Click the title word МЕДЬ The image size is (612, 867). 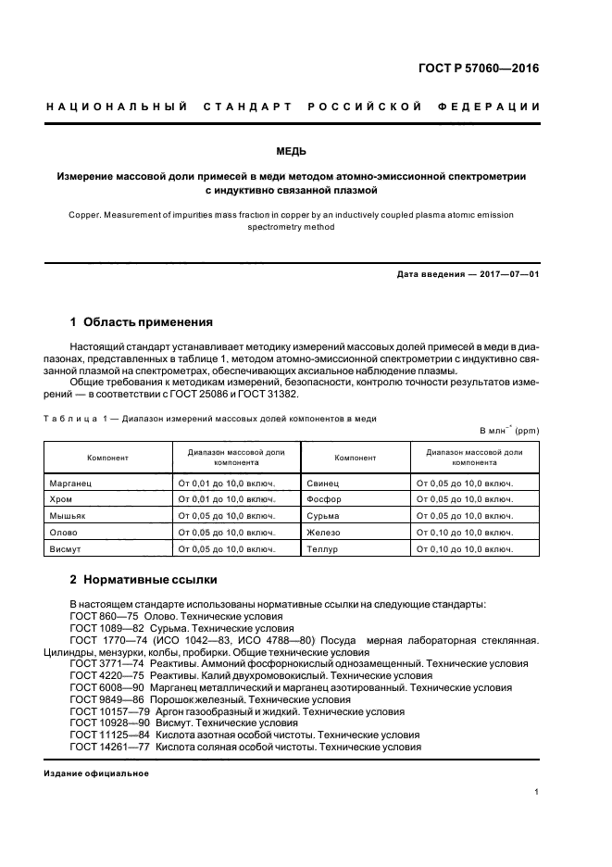pyautogui.click(x=305, y=151)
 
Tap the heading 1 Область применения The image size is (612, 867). pyautogui.click(x=142, y=322)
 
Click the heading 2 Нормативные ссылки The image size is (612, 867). pyautogui.click(x=144, y=580)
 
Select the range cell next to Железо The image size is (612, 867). pyautogui.click(x=465, y=532)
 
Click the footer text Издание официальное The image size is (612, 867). pyautogui.click(x=96, y=773)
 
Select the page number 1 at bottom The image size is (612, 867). pyautogui.click(x=537, y=791)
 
